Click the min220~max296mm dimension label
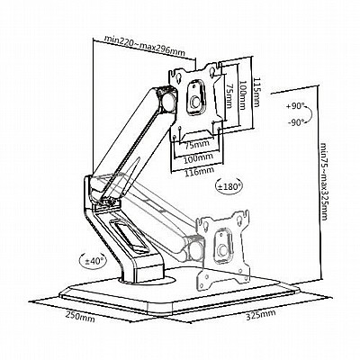tap(144, 46)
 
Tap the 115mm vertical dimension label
tap(256, 92)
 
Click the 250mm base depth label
tap(80, 317)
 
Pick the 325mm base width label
tap(261, 315)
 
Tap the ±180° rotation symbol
tap(229, 186)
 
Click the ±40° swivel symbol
tap(93, 260)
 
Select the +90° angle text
tap(295, 106)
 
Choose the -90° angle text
tap(296, 121)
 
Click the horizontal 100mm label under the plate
tap(198, 157)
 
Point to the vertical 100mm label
tap(243, 95)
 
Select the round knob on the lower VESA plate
tap(223, 249)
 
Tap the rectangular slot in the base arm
tap(129, 235)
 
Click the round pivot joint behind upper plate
tap(168, 102)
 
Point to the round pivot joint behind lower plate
tap(196, 248)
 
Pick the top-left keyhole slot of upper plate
tap(178, 76)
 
